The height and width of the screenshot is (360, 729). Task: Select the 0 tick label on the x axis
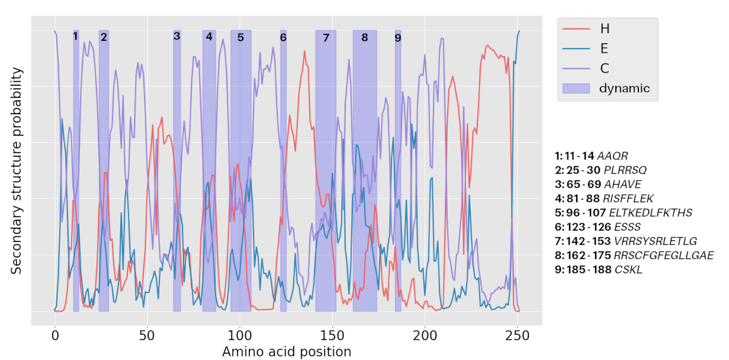click(54, 336)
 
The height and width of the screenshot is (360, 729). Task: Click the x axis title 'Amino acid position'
click(286, 352)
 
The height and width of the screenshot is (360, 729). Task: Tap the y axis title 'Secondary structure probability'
click(17, 171)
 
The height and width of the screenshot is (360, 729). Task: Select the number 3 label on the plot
click(177, 36)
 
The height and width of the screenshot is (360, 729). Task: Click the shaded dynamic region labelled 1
click(76, 178)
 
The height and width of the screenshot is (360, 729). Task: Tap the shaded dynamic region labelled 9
click(398, 178)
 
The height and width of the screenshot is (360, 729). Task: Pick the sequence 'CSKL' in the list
click(628, 270)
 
